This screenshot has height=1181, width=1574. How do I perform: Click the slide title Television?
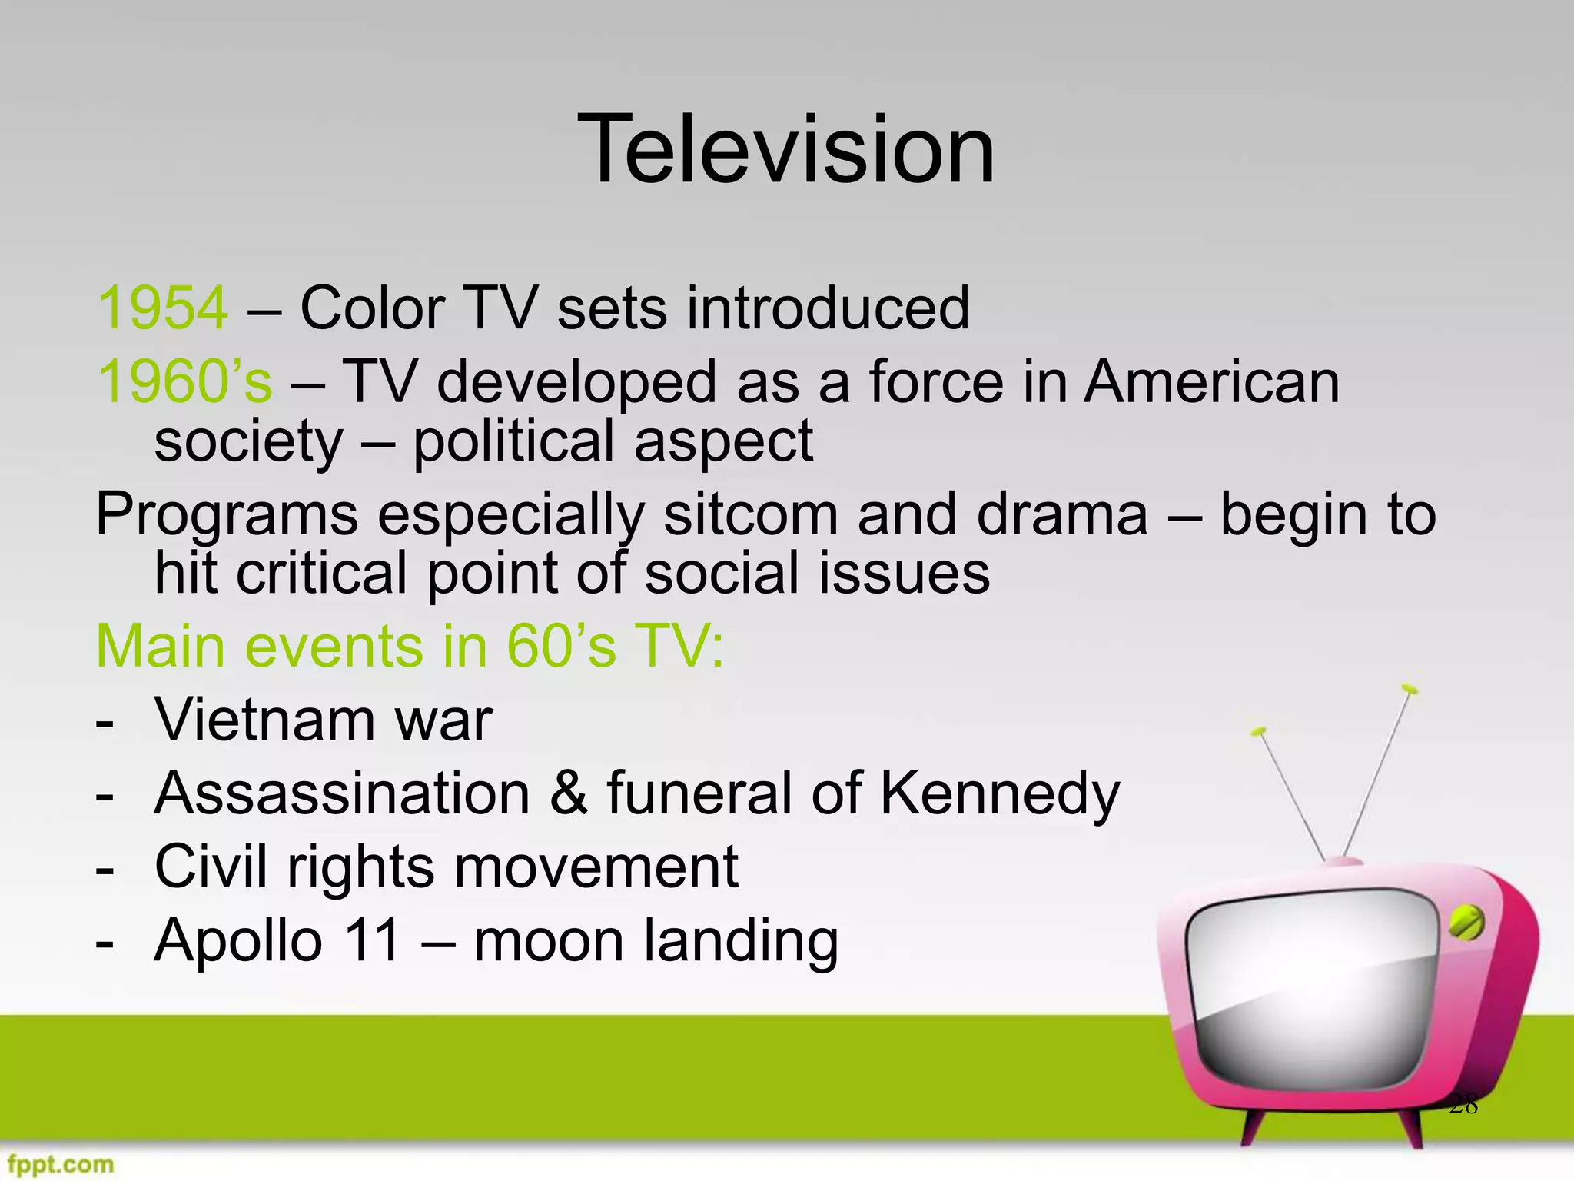point(786,149)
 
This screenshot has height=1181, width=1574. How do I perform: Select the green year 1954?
point(163,308)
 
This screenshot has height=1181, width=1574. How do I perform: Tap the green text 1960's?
point(184,382)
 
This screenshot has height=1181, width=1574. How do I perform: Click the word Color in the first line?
point(373,308)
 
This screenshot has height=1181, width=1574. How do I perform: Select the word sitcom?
point(750,514)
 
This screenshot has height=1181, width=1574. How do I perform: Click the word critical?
point(321,574)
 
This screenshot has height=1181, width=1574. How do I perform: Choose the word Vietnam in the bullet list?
point(265,720)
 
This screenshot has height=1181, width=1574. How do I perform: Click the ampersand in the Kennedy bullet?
point(569,793)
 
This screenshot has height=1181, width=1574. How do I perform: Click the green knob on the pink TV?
point(1466,923)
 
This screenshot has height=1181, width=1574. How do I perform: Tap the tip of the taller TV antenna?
point(1409,688)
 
